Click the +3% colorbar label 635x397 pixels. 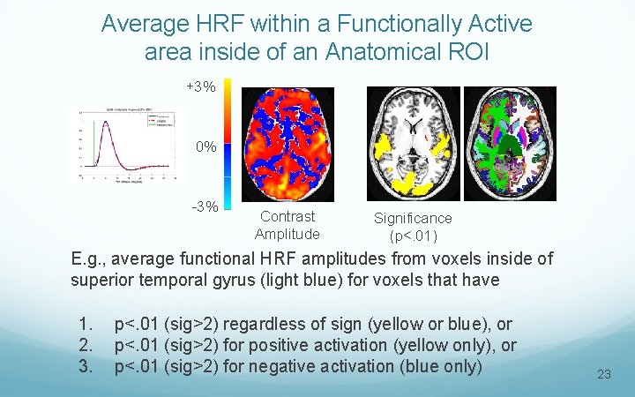click(x=200, y=87)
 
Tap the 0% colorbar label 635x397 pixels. click(x=206, y=146)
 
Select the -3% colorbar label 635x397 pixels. click(x=205, y=206)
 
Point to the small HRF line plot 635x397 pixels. click(x=121, y=145)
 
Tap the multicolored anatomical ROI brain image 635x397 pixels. click(x=512, y=143)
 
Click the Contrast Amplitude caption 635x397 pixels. click(x=287, y=225)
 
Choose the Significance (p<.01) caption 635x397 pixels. click(x=412, y=227)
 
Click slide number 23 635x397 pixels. click(x=603, y=374)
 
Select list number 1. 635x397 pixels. click(x=85, y=326)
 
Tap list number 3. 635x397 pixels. click(x=85, y=365)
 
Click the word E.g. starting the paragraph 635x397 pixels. click(x=89, y=259)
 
